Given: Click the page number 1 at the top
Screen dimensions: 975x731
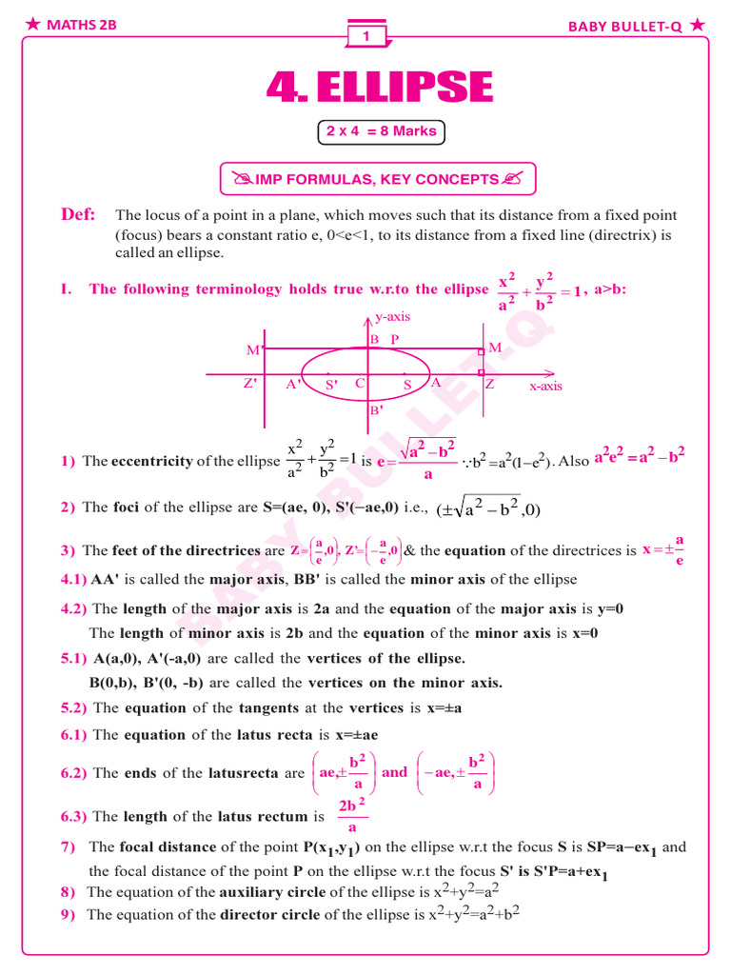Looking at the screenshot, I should pos(365,36).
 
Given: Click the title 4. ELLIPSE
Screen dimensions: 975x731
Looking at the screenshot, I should pos(380,89).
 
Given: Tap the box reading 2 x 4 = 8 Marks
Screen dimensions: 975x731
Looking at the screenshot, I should pos(381,131).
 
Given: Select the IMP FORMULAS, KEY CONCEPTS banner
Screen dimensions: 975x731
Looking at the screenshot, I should pos(378,179).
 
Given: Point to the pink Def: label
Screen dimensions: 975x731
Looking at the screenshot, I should pos(78,215).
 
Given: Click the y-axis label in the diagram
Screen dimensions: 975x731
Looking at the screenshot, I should pos(392,317).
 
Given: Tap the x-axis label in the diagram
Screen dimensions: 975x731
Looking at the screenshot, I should pos(545,387).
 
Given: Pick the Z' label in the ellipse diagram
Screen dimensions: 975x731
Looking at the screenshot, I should pos(250,385).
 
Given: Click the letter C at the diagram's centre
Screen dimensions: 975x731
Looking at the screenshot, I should pos(360,384).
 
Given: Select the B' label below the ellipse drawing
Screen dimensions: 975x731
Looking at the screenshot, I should pos(376,410).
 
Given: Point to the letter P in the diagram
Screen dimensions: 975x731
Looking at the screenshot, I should pos(395,339).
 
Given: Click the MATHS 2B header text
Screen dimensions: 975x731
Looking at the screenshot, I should pos(82,26).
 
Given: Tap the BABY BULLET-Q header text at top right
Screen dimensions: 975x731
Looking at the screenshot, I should pos(625,27).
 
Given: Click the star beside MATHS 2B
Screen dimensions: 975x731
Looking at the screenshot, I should pos(33,25).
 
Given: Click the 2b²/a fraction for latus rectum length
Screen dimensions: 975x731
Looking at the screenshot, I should pos(352,816).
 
